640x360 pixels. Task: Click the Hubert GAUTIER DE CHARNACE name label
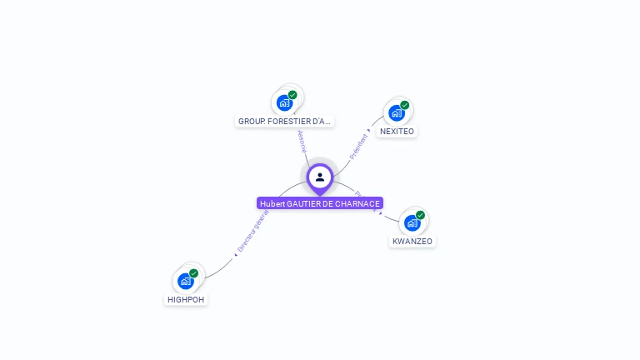320,203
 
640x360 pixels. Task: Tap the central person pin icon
320,177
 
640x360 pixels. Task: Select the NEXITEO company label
397,132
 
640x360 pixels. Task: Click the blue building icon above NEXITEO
396,112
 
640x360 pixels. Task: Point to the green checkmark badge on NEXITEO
405,105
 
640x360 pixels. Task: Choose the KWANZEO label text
412,242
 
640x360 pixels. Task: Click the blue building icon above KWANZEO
412,222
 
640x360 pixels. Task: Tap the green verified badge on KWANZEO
421,215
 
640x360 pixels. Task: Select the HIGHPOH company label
185,300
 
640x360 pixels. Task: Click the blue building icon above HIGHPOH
185,281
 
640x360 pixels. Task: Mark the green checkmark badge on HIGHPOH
194,273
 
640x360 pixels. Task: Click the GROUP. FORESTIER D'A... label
285,122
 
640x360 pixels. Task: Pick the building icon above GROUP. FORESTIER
284,102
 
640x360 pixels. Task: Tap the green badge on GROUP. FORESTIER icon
293,95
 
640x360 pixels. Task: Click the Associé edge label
302,141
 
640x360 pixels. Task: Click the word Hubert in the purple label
272,203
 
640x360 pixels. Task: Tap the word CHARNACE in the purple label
359,203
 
